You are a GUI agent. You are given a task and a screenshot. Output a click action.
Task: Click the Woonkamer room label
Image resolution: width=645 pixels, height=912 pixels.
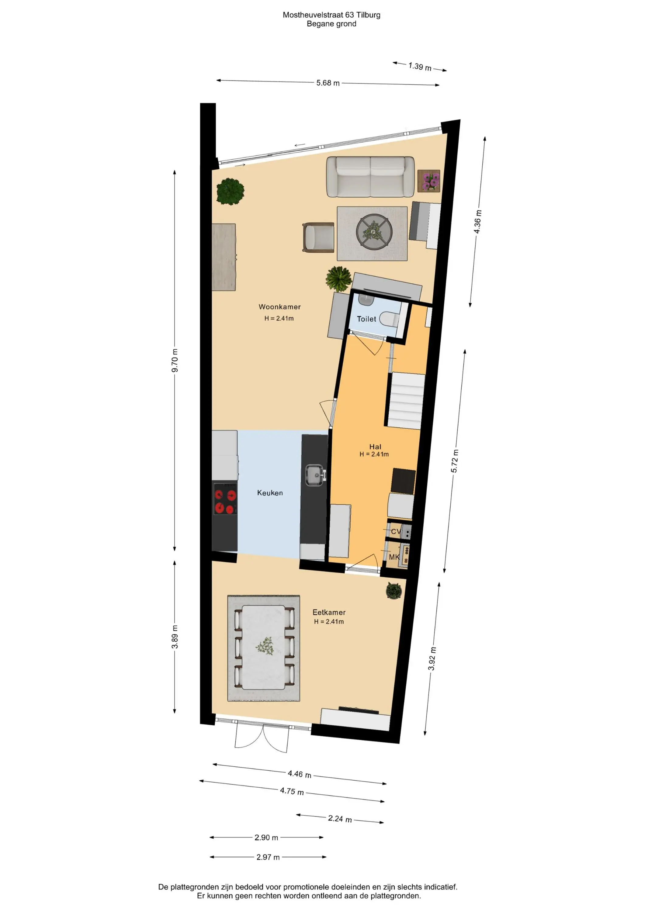(279, 307)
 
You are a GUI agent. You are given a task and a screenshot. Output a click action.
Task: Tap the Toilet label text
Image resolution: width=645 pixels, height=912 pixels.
(366, 319)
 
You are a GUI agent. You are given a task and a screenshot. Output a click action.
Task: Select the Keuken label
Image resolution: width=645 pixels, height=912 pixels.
(270, 493)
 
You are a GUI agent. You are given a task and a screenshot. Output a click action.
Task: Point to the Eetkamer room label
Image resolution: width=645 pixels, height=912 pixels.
(329, 613)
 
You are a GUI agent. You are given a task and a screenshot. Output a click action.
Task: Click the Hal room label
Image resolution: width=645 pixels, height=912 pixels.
(375, 447)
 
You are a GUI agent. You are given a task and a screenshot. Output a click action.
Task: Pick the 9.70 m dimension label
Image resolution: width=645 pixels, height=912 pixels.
(175, 360)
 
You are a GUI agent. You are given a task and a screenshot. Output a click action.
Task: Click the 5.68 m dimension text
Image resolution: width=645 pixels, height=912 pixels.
(328, 83)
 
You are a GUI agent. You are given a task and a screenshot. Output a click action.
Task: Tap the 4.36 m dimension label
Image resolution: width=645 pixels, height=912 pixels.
(478, 222)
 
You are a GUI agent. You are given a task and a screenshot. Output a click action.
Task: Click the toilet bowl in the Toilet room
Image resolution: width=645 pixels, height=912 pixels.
(389, 319)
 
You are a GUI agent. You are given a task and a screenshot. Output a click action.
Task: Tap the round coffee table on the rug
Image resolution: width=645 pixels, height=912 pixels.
(374, 232)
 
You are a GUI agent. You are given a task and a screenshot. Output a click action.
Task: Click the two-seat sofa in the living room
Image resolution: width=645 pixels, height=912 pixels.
(370, 177)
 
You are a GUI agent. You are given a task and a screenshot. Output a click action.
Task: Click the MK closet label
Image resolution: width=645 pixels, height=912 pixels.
(394, 557)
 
